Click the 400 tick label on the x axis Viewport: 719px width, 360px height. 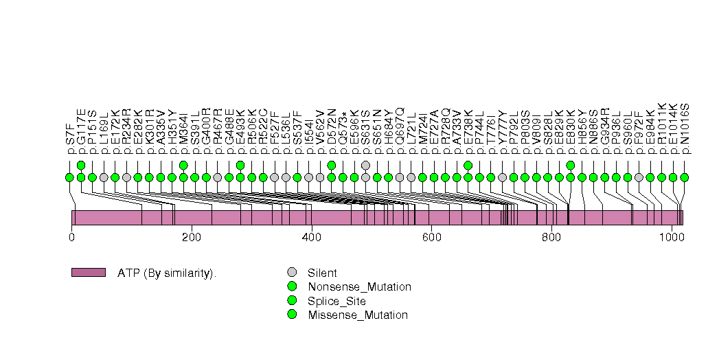point(311,238)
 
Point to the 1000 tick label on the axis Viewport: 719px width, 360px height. point(671,238)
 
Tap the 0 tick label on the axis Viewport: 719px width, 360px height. point(71,238)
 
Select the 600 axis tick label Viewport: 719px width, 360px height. point(431,238)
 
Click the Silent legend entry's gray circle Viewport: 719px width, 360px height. point(292,272)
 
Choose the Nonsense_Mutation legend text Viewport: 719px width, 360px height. point(359,286)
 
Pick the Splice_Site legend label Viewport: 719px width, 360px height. point(336,301)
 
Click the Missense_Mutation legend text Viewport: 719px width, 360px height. point(358,315)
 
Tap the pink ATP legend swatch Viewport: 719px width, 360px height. point(89,272)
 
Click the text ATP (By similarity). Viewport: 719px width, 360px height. point(167,273)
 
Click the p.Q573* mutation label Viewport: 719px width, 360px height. point(343,130)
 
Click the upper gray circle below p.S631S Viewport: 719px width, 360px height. point(365,165)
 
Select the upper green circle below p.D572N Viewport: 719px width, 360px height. point(332,165)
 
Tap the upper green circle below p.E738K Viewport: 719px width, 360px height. point(468,165)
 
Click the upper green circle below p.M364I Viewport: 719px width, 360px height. point(183,165)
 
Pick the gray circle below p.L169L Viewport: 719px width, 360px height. point(104,177)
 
